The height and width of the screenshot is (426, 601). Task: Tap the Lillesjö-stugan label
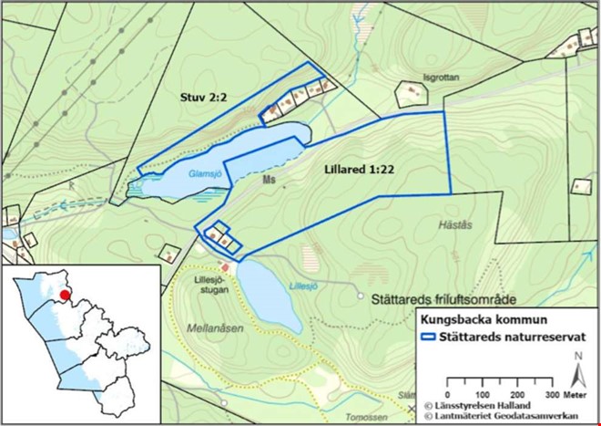coord(210,285)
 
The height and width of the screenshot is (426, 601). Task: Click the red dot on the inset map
coord(64,295)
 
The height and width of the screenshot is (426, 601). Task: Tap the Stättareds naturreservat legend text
coord(512,337)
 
